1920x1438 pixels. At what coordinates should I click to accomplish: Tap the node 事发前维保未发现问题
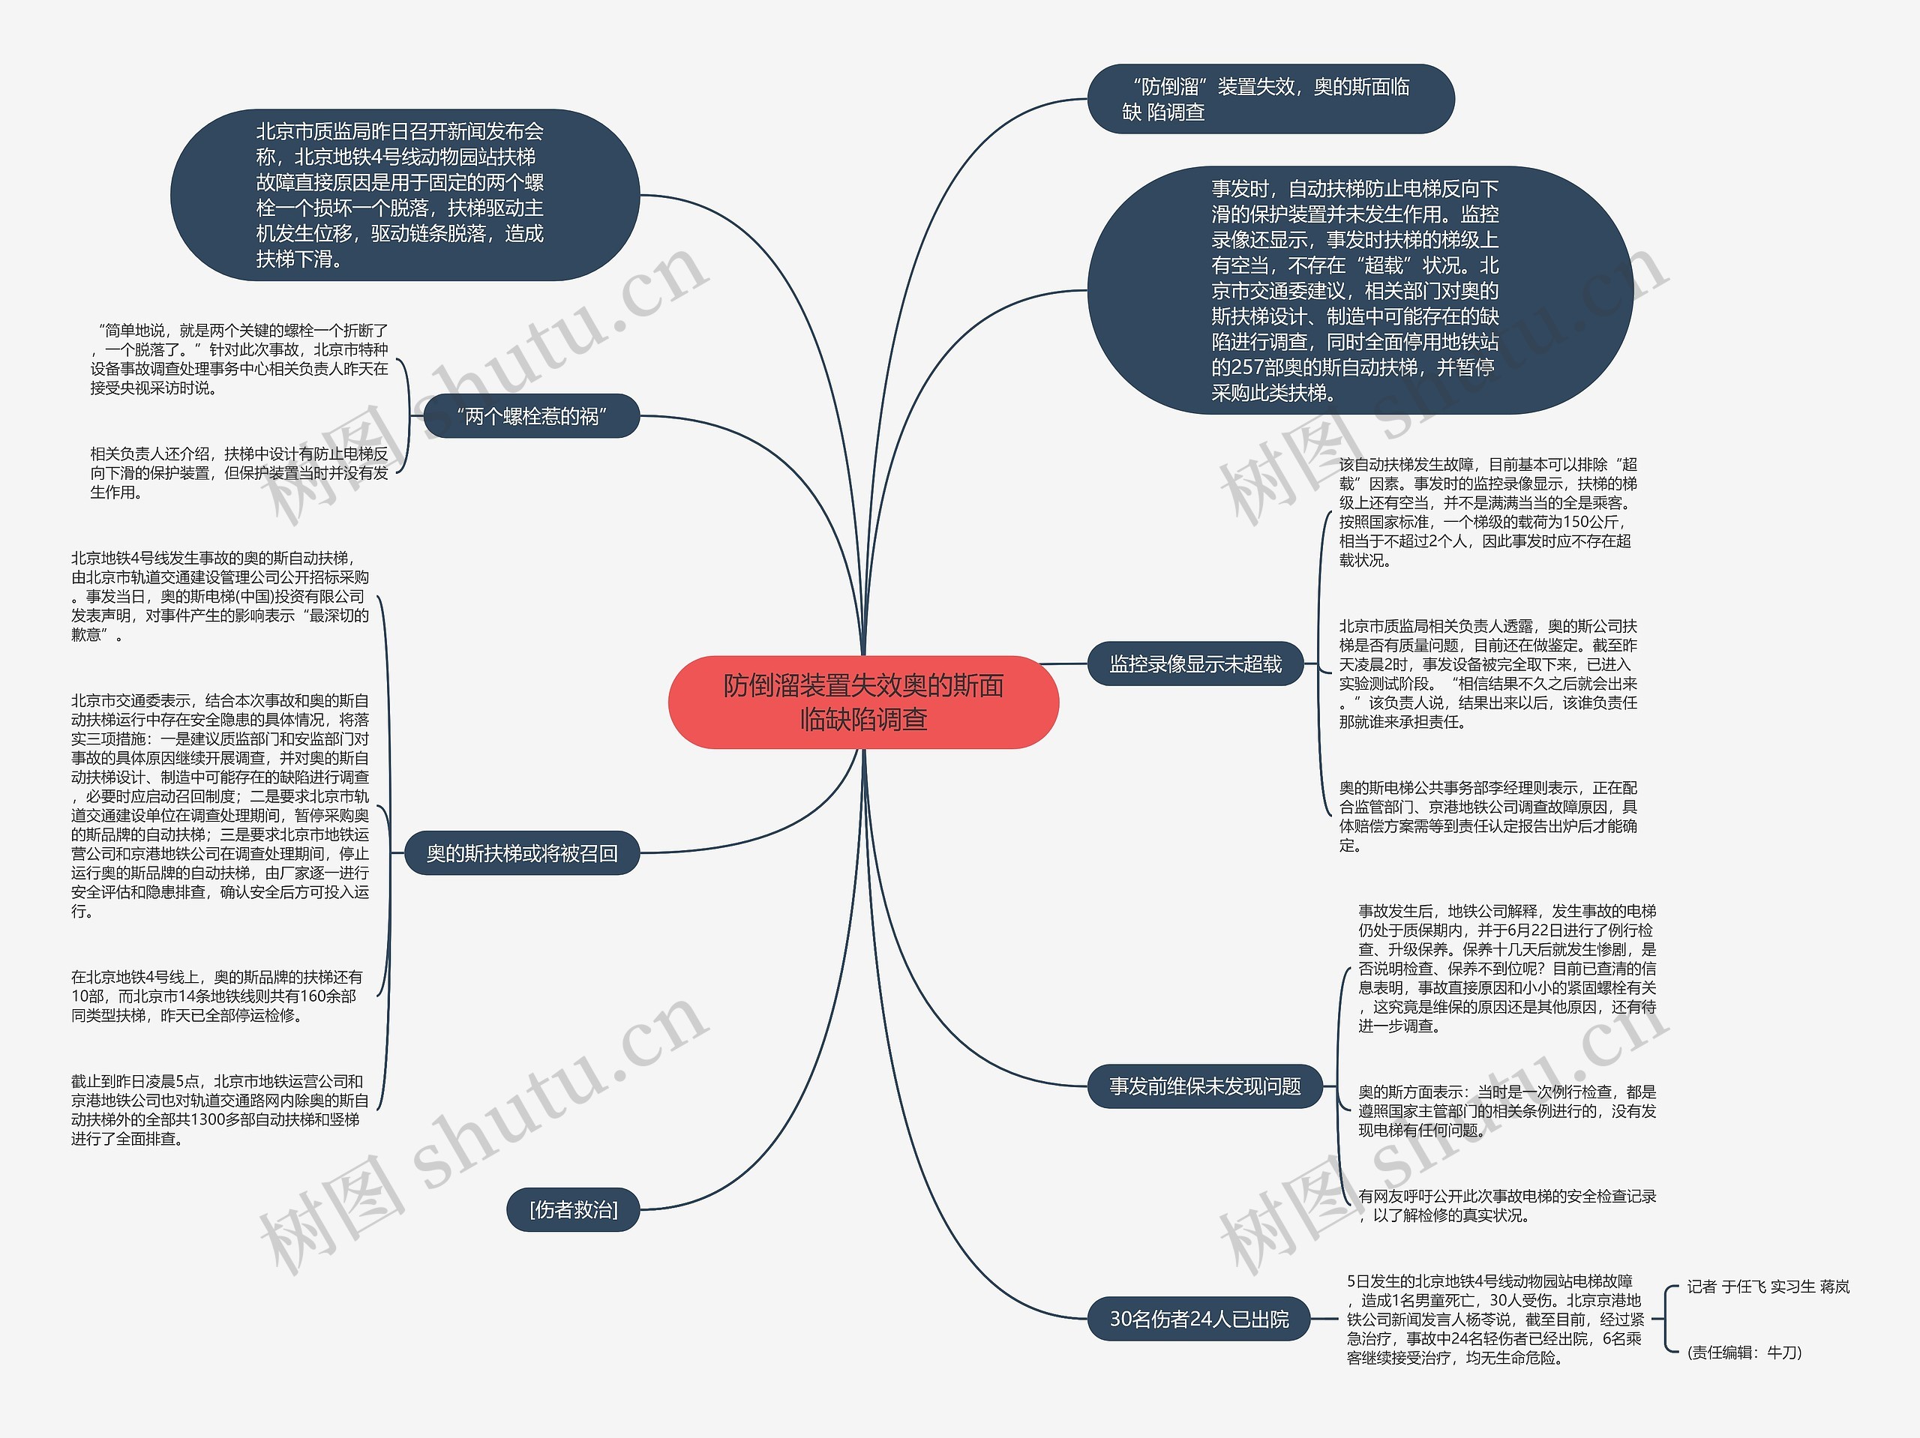pyautogui.click(x=1204, y=1086)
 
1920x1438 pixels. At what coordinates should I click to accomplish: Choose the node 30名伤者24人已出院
pyautogui.click(x=1198, y=1319)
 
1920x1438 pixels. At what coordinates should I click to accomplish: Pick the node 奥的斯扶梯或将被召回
pyautogui.click(x=522, y=853)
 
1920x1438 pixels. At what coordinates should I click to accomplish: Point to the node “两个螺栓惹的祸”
pyautogui.click(x=531, y=417)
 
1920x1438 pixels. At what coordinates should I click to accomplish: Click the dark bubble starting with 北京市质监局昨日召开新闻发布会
pyautogui.click(x=404, y=195)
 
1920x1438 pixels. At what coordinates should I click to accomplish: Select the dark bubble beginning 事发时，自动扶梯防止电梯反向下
pyautogui.click(x=1358, y=291)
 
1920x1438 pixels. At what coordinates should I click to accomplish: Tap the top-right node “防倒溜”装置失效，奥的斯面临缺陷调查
pyautogui.click(x=1270, y=99)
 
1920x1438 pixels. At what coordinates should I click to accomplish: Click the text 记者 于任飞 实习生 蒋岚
pyautogui.click(x=1767, y=1287)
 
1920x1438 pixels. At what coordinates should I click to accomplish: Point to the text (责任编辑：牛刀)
pyautogui.click(x=1744, y=1352)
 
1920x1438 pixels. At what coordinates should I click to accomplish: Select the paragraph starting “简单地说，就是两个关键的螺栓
pyautogui.click(x=238, y=358)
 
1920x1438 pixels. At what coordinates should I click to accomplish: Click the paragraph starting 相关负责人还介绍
pyautogui.click(x=238, y=473)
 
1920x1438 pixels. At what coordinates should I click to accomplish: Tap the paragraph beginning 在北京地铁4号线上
pyautogui.click(x=217, y=996)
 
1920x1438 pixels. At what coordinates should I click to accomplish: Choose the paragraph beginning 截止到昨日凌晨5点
pyautogui.click(x=220, y=1110)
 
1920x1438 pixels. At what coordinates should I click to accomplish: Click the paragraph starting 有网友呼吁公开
pyautogui.click(x=1506, y=1206)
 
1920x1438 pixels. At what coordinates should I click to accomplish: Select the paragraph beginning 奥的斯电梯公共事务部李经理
pyautogui.click(x=1488, y=816)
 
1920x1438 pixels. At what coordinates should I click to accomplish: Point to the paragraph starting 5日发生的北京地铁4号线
pyautogui.click(x=1495, y=1319)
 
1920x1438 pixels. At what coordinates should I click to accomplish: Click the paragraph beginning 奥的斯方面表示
pyautogui.click(x=1506, y=1111)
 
